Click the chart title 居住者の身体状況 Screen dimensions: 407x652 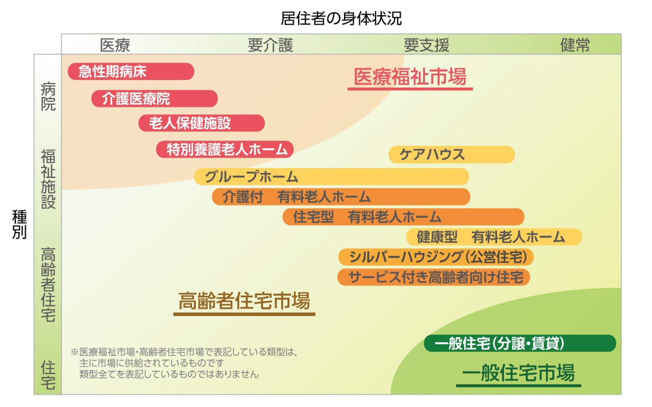coord(341,18)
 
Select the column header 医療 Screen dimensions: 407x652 coord(115,45)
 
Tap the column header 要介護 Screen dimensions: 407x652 coord(271,45)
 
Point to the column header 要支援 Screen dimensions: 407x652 coord(426,45)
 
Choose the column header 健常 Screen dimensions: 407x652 coord(575,45)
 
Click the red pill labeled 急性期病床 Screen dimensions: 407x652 coord(131,71)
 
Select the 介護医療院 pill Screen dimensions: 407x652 coord(154,99)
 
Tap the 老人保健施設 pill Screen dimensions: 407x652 coord(201,123)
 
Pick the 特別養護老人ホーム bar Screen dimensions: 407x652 coord(225,149)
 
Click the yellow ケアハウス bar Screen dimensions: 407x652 coord(452,154)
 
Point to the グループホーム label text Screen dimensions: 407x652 coord(251,177)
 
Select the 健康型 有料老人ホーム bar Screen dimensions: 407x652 coord(494,237)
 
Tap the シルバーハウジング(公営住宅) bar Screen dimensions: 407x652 coord(436,257)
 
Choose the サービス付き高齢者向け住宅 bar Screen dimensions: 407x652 coord(434,277)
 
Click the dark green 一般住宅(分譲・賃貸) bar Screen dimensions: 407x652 coord(520,343)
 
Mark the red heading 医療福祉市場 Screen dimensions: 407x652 coord(410,77)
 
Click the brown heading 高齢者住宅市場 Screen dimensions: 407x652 coord(244,301)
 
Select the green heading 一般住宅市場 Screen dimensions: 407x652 coord(518,373)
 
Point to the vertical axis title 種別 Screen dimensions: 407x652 coord(19,224)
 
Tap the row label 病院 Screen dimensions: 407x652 coord(48,96)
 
